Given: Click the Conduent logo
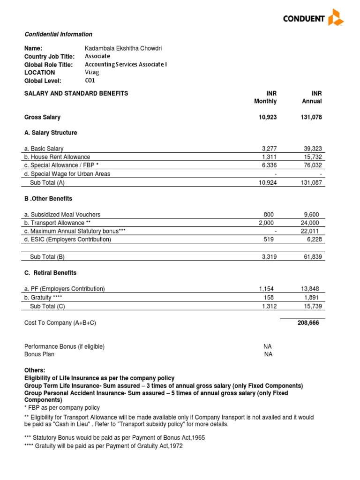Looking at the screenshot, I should tap(313, 18).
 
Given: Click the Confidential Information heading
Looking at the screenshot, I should tap(58, 34).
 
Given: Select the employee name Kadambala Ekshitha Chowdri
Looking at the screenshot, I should tap(124, 48).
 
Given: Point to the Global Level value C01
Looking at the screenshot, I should tap(90, 80).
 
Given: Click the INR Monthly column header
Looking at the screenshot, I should tap(266, 97).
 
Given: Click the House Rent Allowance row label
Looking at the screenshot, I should tap(57, 157).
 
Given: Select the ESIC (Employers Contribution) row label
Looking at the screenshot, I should tap(67, 240).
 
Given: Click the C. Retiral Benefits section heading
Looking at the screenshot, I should tap(50, 273).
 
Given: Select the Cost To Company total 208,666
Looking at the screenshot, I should tap(308, 323).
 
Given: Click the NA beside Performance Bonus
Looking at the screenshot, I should tap(268, 346).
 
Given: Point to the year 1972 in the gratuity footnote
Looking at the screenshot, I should tap(175, 446).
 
